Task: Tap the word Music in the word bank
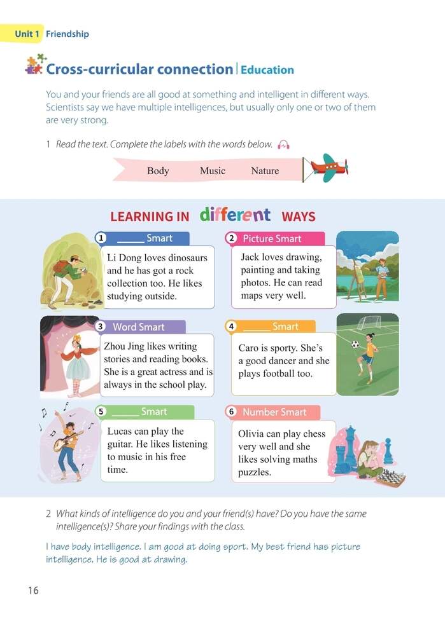[213, 170]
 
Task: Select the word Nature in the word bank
[265, 170]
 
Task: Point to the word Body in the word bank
[158, 170]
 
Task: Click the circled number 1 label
[101, 238]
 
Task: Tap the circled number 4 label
[232, 327]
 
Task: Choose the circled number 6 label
[232, 412]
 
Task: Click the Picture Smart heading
[272, 238]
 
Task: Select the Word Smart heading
[138, 327]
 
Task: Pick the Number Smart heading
[274, 412]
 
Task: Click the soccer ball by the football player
[355, 345]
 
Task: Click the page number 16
[33, 590]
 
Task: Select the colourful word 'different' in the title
[235, 215]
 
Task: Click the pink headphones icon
[283, 145]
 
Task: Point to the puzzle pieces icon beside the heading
[34, 65]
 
